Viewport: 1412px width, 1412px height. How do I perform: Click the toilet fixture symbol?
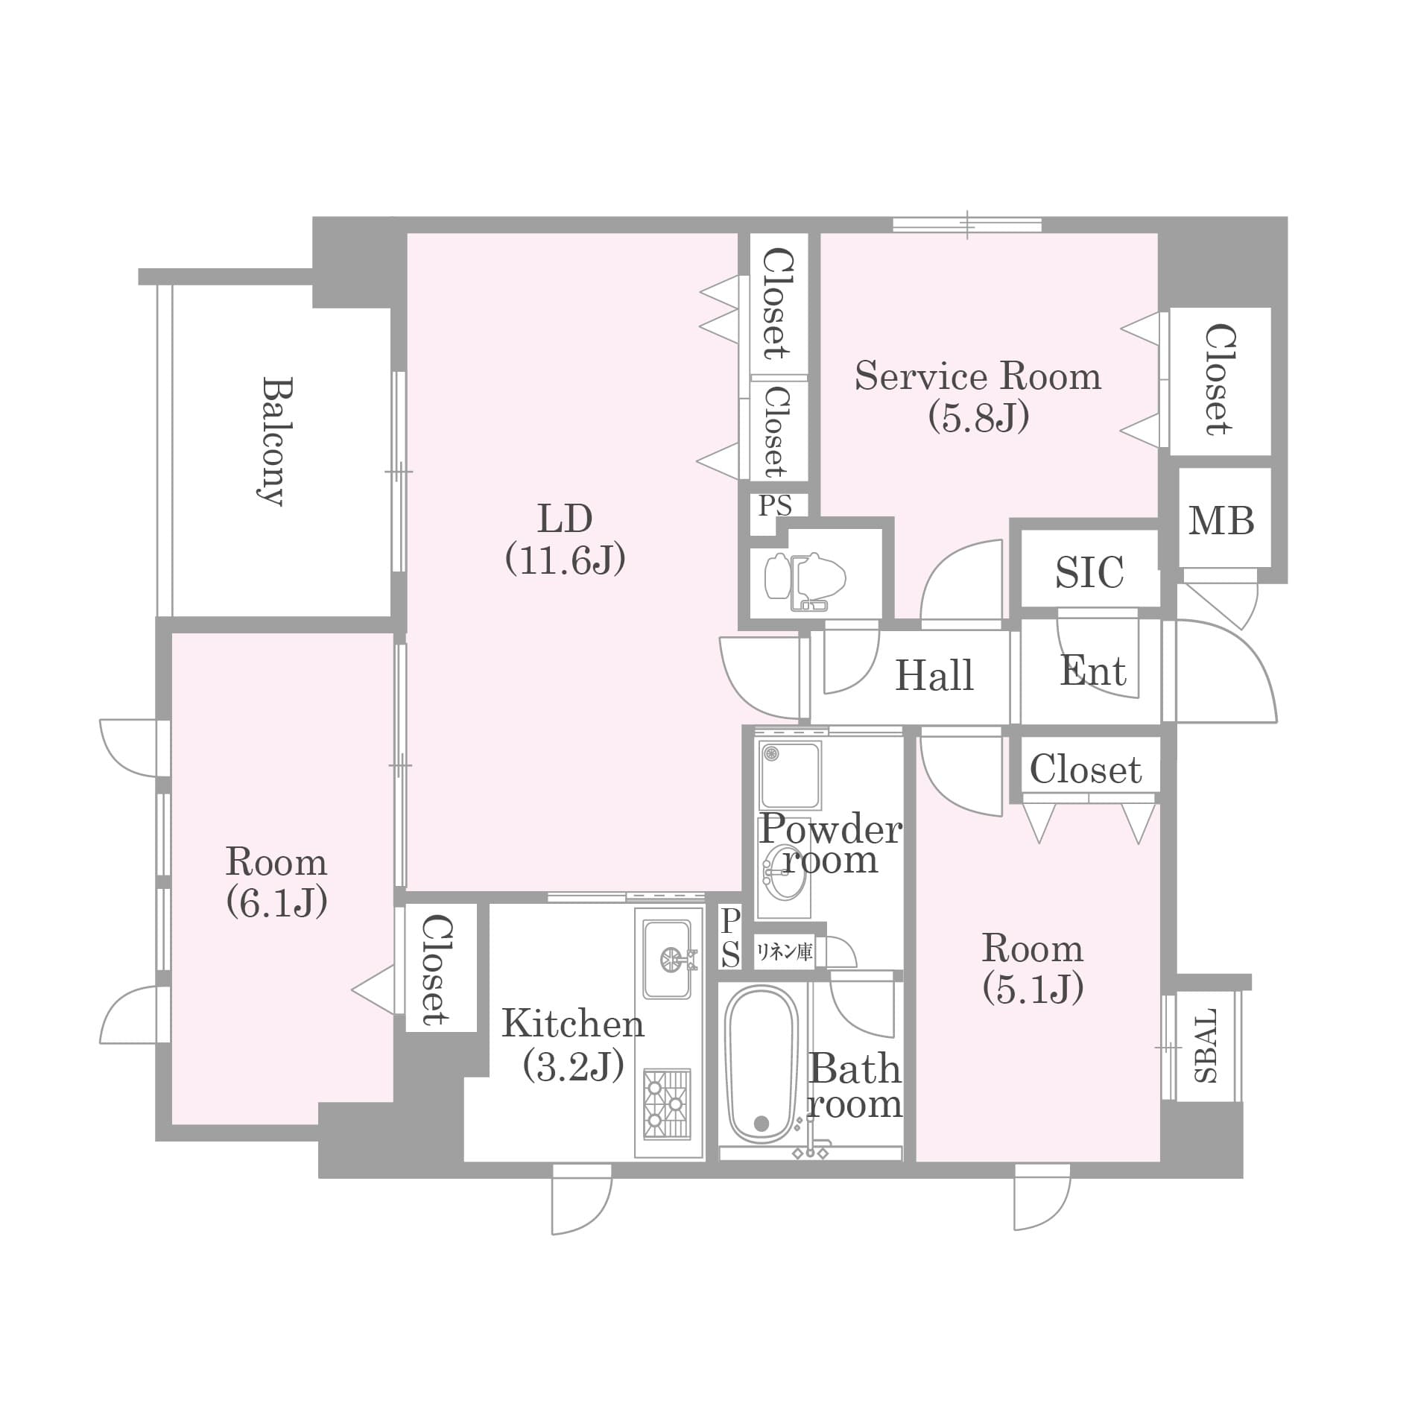(805, 580)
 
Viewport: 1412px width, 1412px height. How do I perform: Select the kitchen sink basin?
(667, 959)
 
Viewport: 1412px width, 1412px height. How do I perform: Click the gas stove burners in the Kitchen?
(667, 1104)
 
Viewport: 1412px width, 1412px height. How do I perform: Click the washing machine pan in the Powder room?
(790, 775)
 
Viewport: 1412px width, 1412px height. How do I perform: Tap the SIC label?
(1089, 572)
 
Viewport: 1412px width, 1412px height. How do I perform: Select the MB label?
(1221, 520)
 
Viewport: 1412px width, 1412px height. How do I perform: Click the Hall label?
(934, 675)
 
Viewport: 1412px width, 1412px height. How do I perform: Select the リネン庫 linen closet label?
(784, 952)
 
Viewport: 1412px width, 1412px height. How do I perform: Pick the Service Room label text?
(978, 376)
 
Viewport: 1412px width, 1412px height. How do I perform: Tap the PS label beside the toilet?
(775, 506)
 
